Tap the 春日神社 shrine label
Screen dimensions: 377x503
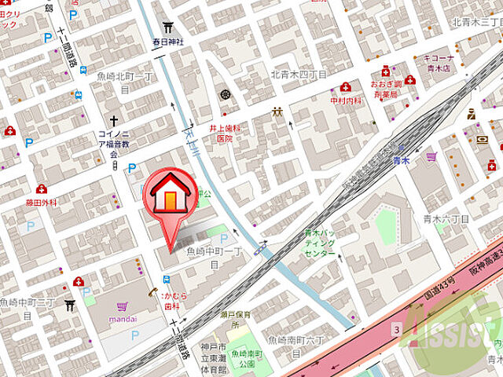coord(168,42)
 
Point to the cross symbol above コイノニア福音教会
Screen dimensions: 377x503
coord(114,122)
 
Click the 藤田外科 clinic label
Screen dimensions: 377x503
coord(41,202)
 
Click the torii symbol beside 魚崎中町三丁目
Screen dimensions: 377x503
coord(70,305)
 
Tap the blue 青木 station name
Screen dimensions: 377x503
coord(402,160)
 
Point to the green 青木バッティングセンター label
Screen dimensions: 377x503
coord(319,243)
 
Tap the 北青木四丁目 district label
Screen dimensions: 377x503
coord(298,75)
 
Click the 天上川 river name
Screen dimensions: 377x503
coord(189,126)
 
